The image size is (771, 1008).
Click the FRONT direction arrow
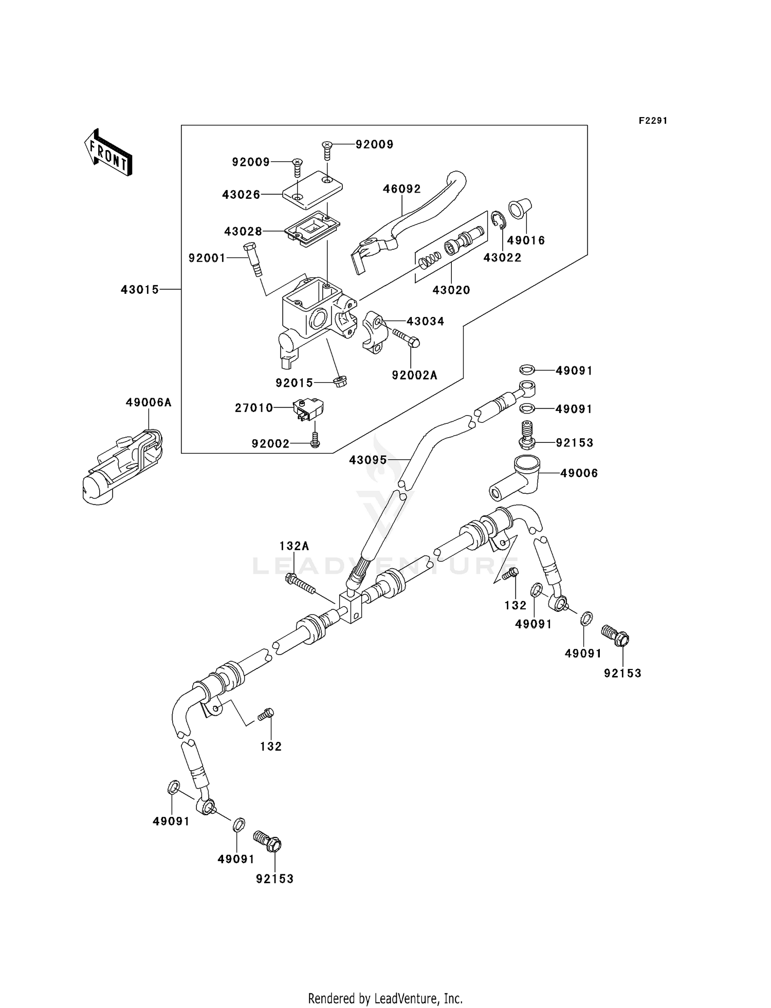point(108,154)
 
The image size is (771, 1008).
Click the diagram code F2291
point(653,121)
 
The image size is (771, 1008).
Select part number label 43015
point(140,290)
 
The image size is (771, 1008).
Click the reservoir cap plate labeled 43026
point(313,192)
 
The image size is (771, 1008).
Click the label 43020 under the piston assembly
point(451,290)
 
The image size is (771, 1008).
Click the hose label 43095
point(368,460)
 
